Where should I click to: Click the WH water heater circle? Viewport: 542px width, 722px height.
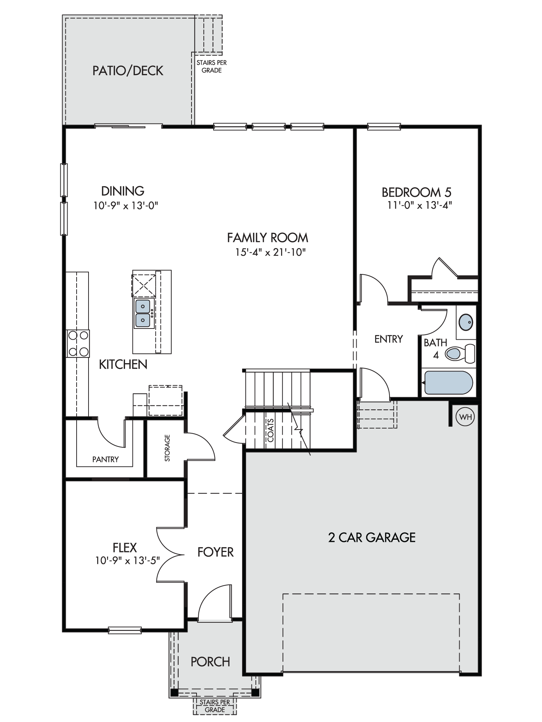pyautogui.click(x=466, y=417)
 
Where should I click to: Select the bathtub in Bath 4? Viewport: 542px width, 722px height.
pyautogui.click(x=448, y=383)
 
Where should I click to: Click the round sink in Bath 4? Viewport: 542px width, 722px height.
pyautogui.click(x=466, y=322)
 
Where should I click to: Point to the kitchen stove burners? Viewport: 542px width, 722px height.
pyautogui.click(x=78, y=343)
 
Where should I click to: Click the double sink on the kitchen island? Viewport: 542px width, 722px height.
pyautogui.click(x=143, y=313)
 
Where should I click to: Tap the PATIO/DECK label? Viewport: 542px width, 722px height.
pyautogui.click(x=128, y=71)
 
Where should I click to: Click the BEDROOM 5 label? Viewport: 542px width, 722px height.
pyautogui.click(x=417, y=192)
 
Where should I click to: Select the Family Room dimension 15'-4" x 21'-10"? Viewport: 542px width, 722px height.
pyautogui.click(x=271, y=252)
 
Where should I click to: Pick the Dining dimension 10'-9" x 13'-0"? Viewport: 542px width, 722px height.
pyautogui.click(x=126, y=206)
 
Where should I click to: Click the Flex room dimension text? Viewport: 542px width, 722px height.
pyautogui.click(x=128, y=561)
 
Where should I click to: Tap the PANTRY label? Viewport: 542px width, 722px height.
pyautogui.click(x=106, y=459)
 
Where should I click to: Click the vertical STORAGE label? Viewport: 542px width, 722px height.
pyautogui.click(x=167, y=448)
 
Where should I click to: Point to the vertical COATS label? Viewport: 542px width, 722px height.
pyautogui.click(x=271, y=430)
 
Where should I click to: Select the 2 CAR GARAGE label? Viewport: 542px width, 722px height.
pyautogui.click(x=372, y=538)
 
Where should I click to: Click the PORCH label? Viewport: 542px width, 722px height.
pyautogui.click(x=210, y=662)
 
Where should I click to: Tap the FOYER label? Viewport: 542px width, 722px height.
pyautogui.click(x=215, y=552)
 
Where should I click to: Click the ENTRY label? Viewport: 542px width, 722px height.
pyautogui.click(x=388, y=339)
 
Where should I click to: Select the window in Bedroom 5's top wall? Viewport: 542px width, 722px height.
pyautogui.click(x=384, y=126)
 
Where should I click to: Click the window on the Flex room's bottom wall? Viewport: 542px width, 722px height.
pyautogui.click(x=125, y=630)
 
